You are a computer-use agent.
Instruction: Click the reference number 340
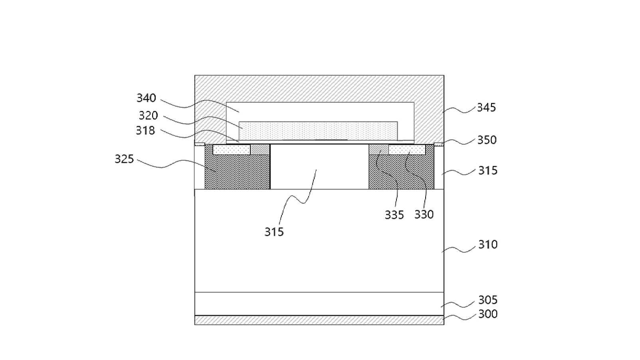146,98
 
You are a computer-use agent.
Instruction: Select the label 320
148,115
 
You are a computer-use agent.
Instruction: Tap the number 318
145,131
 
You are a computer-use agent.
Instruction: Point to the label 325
124,159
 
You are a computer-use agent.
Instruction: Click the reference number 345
487,107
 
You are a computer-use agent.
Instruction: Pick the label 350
487,140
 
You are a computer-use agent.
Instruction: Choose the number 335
394,215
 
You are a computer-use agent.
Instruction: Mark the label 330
424,214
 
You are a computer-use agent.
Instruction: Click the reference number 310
488,245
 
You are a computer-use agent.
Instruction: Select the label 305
488,300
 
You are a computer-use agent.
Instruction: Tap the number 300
488,314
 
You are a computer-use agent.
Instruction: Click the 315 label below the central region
274,232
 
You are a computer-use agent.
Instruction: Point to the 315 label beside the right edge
488,170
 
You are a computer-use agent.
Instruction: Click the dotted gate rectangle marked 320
318,131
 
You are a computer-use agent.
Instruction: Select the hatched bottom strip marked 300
319,320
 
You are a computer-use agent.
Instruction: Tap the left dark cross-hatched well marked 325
238,172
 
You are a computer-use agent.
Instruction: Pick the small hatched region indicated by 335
378,149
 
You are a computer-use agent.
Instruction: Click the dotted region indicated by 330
407,149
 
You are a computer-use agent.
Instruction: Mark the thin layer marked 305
319,304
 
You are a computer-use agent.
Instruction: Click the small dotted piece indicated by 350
439,144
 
